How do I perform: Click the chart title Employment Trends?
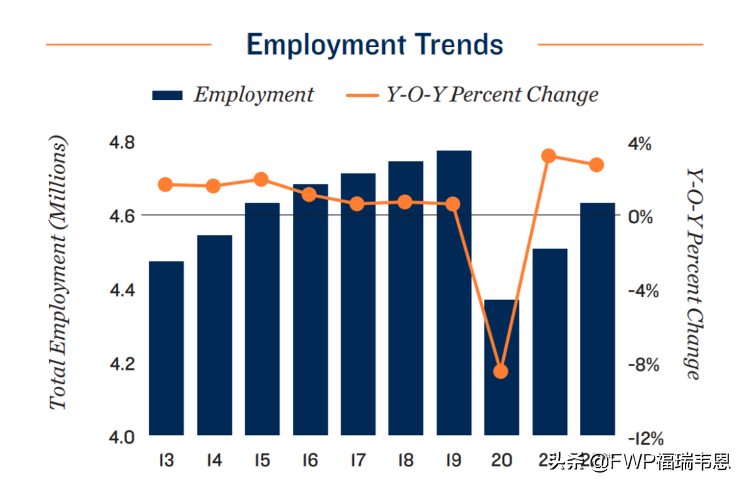[x=375, y=45]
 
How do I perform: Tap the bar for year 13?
[x=166, y=348]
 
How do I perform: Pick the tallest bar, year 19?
[x=453, y=293]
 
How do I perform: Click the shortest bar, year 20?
[x=501, y=368]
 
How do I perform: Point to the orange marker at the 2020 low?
[x=501, y=372]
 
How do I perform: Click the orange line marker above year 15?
[x=261, y=180]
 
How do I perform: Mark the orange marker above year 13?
[x=166, y=184]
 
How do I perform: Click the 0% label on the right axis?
[x=639, y=217]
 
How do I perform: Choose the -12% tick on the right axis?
[x=645, y=438]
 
